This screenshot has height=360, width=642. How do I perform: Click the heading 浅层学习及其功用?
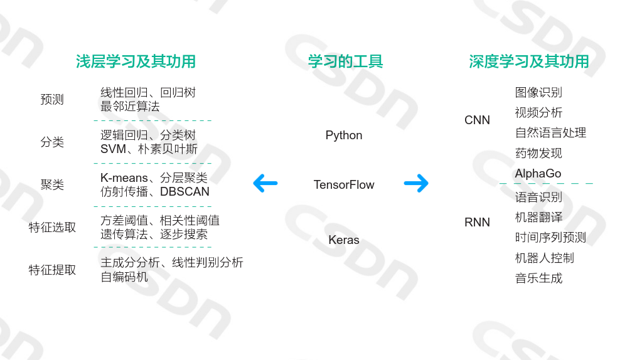136,61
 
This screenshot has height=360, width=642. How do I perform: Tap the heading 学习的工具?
345,61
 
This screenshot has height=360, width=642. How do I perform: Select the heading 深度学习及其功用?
529,61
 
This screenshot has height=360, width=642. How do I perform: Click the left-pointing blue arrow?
265,184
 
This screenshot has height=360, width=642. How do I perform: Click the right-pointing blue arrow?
416,183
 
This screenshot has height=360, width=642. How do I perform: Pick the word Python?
344,135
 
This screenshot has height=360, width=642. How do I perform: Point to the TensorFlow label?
344,185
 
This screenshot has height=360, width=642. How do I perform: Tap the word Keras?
344,240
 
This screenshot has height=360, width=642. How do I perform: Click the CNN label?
477,120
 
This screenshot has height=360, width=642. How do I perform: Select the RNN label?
477,223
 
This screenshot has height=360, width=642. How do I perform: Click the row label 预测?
52,100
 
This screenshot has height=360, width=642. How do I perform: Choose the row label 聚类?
52,185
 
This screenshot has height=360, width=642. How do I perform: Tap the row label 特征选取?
52,227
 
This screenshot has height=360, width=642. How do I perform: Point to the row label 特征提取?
52,270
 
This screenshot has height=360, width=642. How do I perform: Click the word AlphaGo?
538,174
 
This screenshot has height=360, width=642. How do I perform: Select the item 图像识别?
538,92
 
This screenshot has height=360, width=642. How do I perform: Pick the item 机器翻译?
538,217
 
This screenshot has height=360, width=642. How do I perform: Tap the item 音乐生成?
538,278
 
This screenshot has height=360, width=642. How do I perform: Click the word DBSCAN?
185,192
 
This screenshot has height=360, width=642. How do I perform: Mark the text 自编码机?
124,277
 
